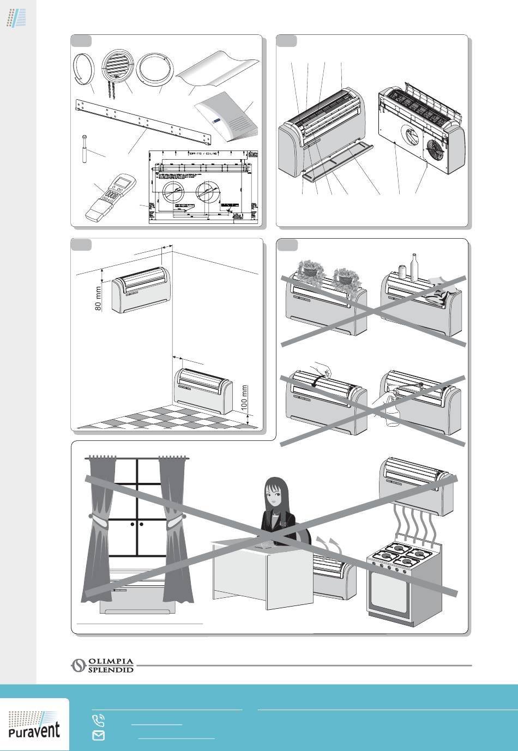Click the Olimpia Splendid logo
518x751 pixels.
[103, 665]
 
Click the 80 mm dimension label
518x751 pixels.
[99, 299]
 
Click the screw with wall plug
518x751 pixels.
[85, 147]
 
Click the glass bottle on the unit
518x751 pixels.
[414, 268]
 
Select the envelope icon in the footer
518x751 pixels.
[99, 735]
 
